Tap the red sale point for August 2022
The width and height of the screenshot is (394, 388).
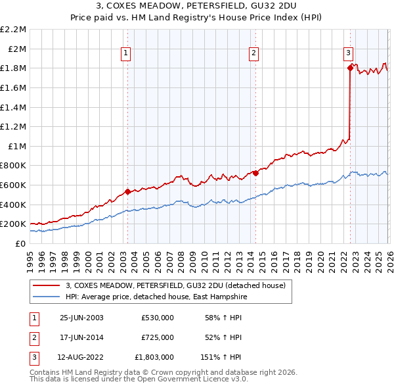tap(350, 66)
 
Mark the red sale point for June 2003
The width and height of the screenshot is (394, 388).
tap(128, 192)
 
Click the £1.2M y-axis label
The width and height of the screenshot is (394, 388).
tap(14, 126)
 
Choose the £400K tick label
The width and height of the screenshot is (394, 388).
tap(14, 205)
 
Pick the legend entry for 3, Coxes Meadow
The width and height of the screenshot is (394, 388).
tap(175, 285)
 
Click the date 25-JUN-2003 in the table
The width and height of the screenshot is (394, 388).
tap(81, 318)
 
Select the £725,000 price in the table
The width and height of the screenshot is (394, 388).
tap(158, 337)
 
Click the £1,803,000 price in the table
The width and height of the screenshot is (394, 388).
tap(154, 357)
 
